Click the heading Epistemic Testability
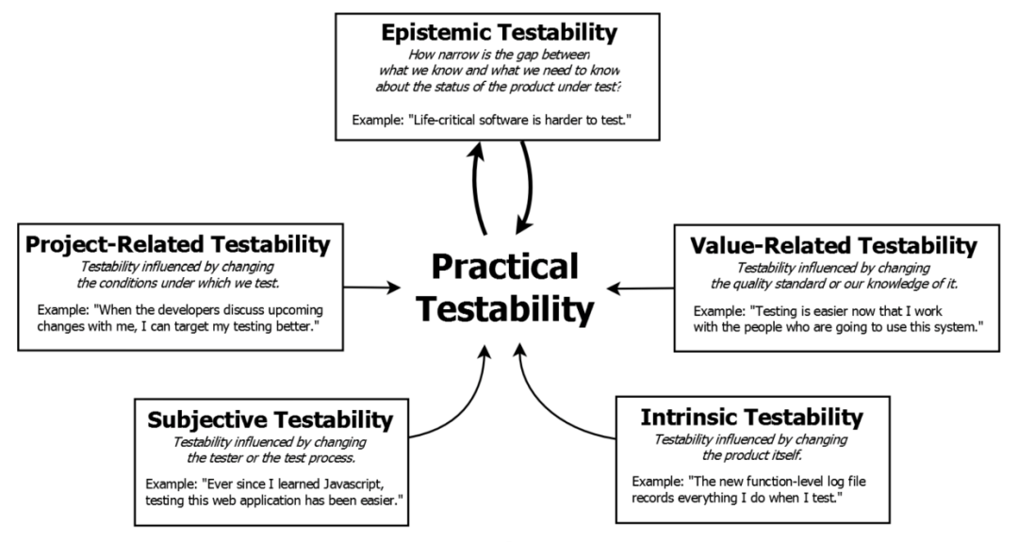(499, 32)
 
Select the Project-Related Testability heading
(178, 245)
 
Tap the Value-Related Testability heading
(833, 246)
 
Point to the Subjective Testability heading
(271, 418)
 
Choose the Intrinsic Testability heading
(751, 416)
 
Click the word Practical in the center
(505, 267)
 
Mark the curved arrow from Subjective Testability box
(462, 396)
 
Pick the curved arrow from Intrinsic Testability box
(556, 396)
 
